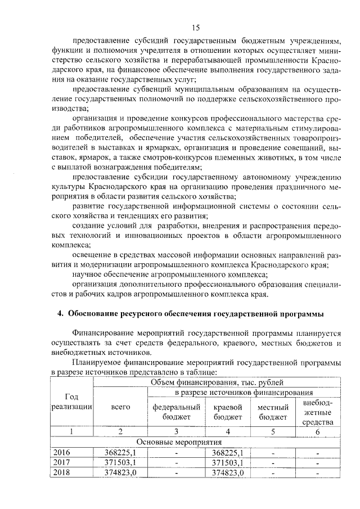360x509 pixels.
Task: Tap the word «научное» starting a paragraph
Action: click(89, 275)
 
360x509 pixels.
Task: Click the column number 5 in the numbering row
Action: click(273, 431)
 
